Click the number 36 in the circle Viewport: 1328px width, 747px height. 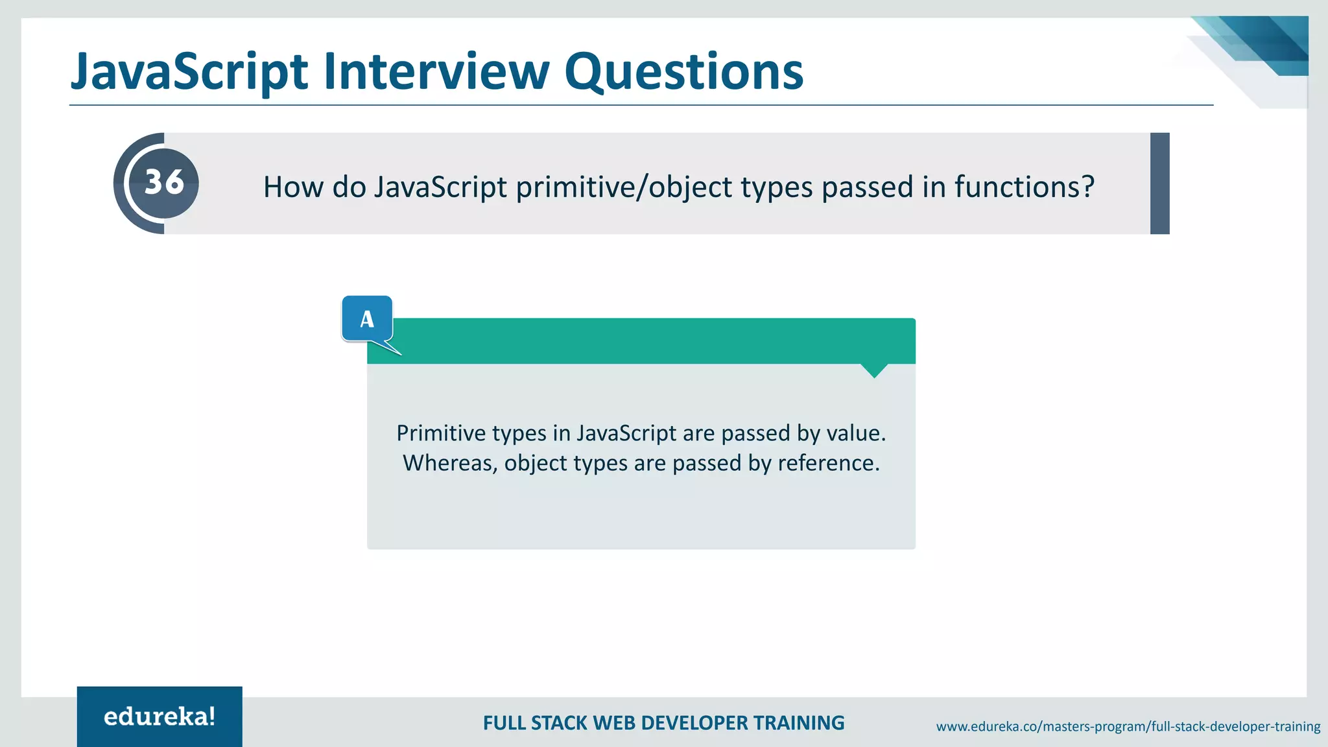click(x=164, y=182)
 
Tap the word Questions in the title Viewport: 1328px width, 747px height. click(x=683, y=73)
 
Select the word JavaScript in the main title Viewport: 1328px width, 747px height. click(x=189, y=73)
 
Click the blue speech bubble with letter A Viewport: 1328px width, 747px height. click(x=367, y=319)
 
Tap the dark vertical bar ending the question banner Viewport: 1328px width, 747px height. click(x=1159, y=184)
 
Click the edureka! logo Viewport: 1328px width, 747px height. click(x=160, y=717)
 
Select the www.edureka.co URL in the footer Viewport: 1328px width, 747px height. click(x=1128, y=726)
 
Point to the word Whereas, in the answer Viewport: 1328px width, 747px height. click(x=450, y=463)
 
